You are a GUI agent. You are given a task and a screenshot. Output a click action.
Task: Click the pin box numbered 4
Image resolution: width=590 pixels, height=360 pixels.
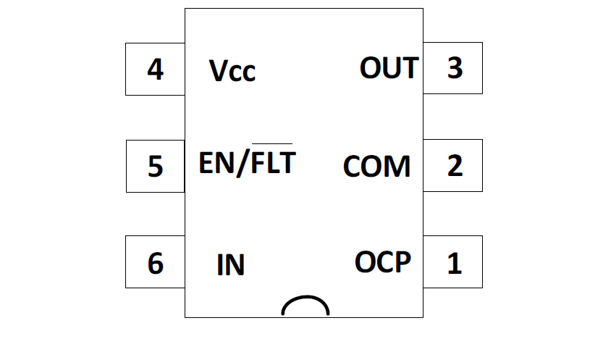coord(155,69)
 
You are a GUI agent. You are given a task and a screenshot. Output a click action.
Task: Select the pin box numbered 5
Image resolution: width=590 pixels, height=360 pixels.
coord(155,166)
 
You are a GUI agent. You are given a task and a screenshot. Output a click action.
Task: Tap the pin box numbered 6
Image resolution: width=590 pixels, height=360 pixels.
coord(155,262)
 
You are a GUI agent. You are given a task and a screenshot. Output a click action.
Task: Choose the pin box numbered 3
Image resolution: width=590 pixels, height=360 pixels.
coord(453,68)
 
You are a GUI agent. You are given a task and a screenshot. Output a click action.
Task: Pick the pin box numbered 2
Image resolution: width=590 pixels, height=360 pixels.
coord(453,165)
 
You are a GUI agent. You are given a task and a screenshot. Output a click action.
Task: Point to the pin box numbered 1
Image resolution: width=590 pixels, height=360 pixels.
coord(453,262)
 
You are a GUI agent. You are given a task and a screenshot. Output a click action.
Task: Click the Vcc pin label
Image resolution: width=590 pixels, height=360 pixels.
coord(232,70)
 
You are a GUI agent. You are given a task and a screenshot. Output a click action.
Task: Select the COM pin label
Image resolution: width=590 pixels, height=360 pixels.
coord(376,167)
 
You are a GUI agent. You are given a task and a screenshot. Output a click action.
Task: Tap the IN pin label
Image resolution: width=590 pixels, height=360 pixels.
coord(231,265)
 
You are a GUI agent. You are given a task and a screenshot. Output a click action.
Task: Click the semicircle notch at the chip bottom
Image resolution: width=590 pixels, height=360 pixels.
coord(305,307)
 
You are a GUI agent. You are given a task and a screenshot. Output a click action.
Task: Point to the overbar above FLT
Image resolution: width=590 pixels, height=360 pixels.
coord(272,143)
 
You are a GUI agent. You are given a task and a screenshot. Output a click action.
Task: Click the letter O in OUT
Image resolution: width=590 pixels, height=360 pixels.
coord(370,68)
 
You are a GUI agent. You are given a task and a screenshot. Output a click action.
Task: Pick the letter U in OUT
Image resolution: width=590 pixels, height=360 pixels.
coord(391,68)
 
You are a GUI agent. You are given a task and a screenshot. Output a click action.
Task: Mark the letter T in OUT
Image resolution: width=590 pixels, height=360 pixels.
coord(409,68)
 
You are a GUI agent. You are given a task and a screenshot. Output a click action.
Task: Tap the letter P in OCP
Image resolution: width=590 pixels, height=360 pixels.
coord(403,261)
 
